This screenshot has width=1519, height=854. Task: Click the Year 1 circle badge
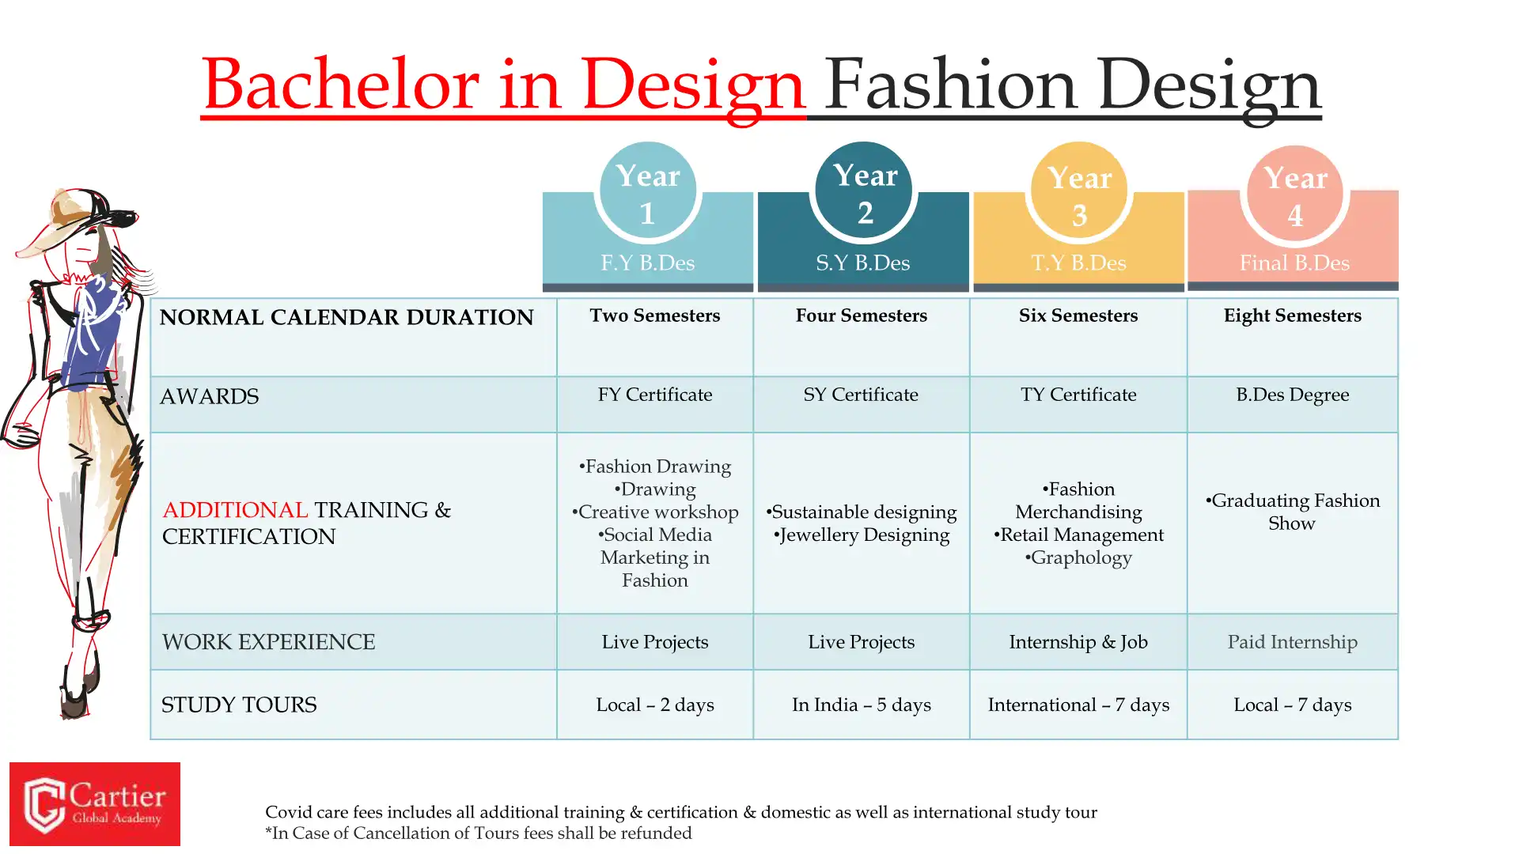648,191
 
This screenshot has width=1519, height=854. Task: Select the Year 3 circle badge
1079,191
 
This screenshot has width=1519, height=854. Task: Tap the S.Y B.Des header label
863,263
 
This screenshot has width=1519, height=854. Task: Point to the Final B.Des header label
1294,263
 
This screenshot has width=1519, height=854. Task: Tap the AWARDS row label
210,396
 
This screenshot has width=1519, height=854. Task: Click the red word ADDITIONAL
235,510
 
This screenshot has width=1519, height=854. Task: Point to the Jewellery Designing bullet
862,535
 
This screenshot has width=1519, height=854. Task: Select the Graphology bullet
1078,558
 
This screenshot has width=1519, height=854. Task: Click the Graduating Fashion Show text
1293,512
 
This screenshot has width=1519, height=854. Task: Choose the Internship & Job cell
1078,642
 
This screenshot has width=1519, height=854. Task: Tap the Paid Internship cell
1293,642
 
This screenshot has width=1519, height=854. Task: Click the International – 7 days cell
1078,705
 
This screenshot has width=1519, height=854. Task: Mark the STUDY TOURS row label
239,705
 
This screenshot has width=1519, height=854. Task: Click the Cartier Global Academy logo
95,804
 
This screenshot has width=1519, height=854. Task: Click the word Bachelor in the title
341,84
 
